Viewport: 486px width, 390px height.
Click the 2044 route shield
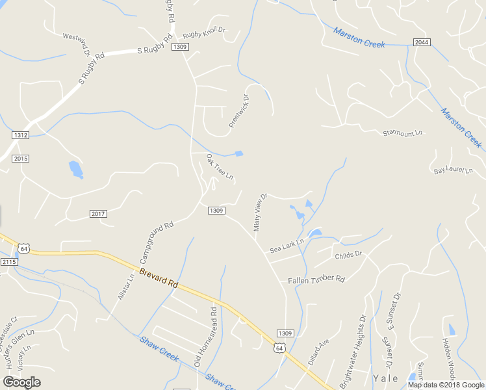421,42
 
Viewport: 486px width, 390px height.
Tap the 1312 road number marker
20,135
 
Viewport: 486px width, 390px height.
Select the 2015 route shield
20,159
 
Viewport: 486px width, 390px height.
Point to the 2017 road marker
98,214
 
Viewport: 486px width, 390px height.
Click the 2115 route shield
8,261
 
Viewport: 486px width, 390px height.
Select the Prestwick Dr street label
238,110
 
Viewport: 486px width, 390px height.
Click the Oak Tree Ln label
220,167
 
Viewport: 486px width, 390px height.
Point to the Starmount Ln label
402,133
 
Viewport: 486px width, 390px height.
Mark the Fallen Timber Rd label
316,279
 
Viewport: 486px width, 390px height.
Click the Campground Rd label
157,239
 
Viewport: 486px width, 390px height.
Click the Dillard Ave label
319,352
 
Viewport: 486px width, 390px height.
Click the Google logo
22,382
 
